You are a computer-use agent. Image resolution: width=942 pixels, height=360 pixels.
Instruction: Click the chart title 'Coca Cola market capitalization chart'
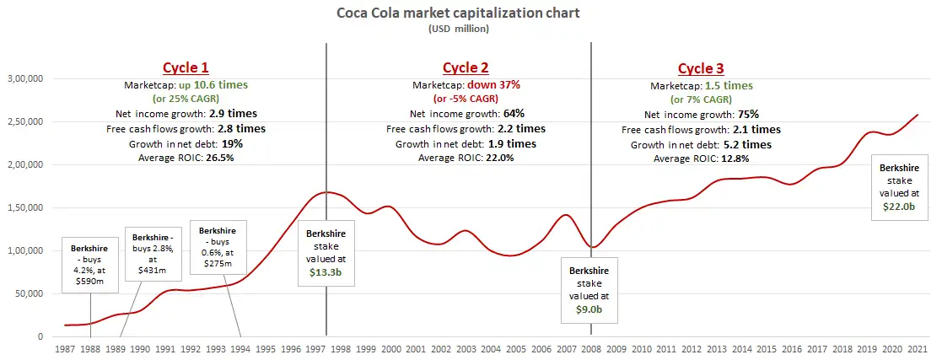471,13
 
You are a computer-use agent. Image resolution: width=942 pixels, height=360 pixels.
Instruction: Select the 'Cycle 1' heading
185,68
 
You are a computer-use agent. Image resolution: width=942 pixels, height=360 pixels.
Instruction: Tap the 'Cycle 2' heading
466,68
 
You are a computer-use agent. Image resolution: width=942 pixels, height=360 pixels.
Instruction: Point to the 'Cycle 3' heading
701,68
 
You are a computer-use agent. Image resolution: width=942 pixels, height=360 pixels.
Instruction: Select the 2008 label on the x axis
590,348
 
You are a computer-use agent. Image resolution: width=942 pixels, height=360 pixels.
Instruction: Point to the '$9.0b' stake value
589,309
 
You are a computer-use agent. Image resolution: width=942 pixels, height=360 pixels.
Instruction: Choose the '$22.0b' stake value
897,204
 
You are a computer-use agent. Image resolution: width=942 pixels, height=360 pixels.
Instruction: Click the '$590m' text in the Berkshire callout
89,279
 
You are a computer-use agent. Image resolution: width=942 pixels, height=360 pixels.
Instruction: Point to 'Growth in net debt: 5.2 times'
701,144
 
